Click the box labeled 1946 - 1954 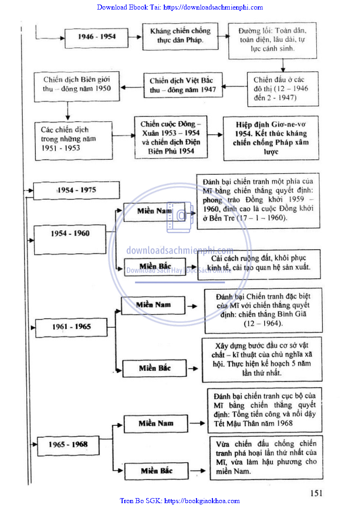(x=96, y=37)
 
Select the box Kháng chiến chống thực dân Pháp (x=180, y=36)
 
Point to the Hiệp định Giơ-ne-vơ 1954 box (x=271, y=138)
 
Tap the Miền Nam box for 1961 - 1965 (x=153, y=305)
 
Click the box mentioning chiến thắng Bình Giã (x=263, y=310)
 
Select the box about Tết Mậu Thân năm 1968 (x=265, y=410)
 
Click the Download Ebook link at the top (x=180, y=7)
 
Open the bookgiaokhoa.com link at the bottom (x=180, y=501)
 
